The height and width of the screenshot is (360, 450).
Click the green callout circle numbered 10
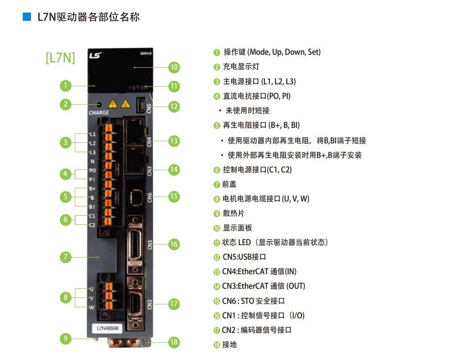[174, 67]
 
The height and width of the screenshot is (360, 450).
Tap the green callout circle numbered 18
[174, 342]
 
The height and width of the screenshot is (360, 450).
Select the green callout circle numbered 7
[65, 257]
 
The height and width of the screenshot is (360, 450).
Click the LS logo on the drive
[95, 55]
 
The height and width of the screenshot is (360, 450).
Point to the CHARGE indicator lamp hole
[99, 105]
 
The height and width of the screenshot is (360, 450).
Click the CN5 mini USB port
[140, 104]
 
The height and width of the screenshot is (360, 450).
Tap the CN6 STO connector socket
[136, 198]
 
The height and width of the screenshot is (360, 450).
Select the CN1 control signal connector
[135, 244]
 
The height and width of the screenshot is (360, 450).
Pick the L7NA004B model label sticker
[108, 328]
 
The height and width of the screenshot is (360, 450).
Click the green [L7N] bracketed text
[60, 58]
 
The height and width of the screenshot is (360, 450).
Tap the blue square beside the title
[27, 16]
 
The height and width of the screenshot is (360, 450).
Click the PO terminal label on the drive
[93, 171]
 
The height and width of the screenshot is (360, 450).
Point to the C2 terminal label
[92, 225]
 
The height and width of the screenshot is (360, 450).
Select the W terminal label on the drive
[92, 308]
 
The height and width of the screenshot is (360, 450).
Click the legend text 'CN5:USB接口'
[244, 257]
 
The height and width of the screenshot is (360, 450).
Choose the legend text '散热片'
[233, 213]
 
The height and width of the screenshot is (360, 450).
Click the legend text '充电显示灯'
[241, 66]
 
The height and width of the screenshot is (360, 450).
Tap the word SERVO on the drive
[146, 53]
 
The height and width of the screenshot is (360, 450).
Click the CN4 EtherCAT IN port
[134, 131]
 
